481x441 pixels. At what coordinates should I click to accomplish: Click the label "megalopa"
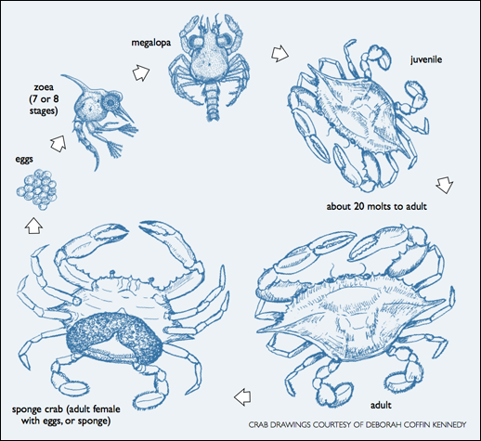tap(150, 43)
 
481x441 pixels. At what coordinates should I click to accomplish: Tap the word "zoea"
tap(44, 87)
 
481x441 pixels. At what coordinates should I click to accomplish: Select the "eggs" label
tap(24, 160)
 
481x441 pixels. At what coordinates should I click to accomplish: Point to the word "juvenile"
tap(426, 59)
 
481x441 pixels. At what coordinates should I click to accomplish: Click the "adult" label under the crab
tap(381, 405)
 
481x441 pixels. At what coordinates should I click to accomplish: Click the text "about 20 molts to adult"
tap(376, 206)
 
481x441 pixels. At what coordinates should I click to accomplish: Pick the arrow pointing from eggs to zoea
tap(58, 143)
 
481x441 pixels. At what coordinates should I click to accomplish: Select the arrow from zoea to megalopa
tap(141, 73)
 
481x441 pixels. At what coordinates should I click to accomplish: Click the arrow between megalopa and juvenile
tap(279, 53)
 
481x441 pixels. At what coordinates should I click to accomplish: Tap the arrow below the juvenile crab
tap(445, 185)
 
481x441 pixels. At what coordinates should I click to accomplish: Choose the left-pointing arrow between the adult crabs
tap(242, 397)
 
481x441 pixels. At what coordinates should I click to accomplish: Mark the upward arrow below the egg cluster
tap(33, 226)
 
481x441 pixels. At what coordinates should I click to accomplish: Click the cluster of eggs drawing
tap(37, 189)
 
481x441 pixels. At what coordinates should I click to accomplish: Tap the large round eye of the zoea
tap(110, 101)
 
